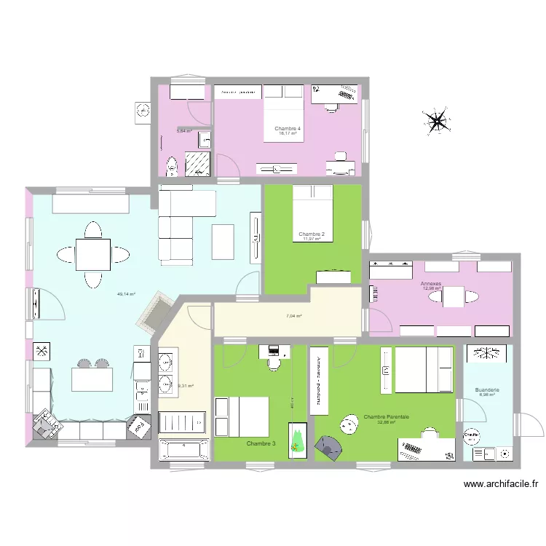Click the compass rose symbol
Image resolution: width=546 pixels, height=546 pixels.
coord(437,120)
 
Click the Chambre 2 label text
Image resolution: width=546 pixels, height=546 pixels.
coord(311,234)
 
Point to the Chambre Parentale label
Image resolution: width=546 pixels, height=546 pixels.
coord(386,417)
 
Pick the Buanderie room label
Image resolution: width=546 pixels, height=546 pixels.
coord(487,390)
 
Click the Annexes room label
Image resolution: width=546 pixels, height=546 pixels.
coord(431,283)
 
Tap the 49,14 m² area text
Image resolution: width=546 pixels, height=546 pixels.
coord(126,294)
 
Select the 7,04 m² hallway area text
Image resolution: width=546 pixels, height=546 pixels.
coord(293,316)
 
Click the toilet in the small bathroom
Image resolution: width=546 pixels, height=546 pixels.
coord(171,167)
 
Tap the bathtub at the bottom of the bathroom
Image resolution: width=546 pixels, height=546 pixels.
coord(184,449)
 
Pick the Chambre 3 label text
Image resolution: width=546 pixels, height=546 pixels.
coord(261,443)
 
